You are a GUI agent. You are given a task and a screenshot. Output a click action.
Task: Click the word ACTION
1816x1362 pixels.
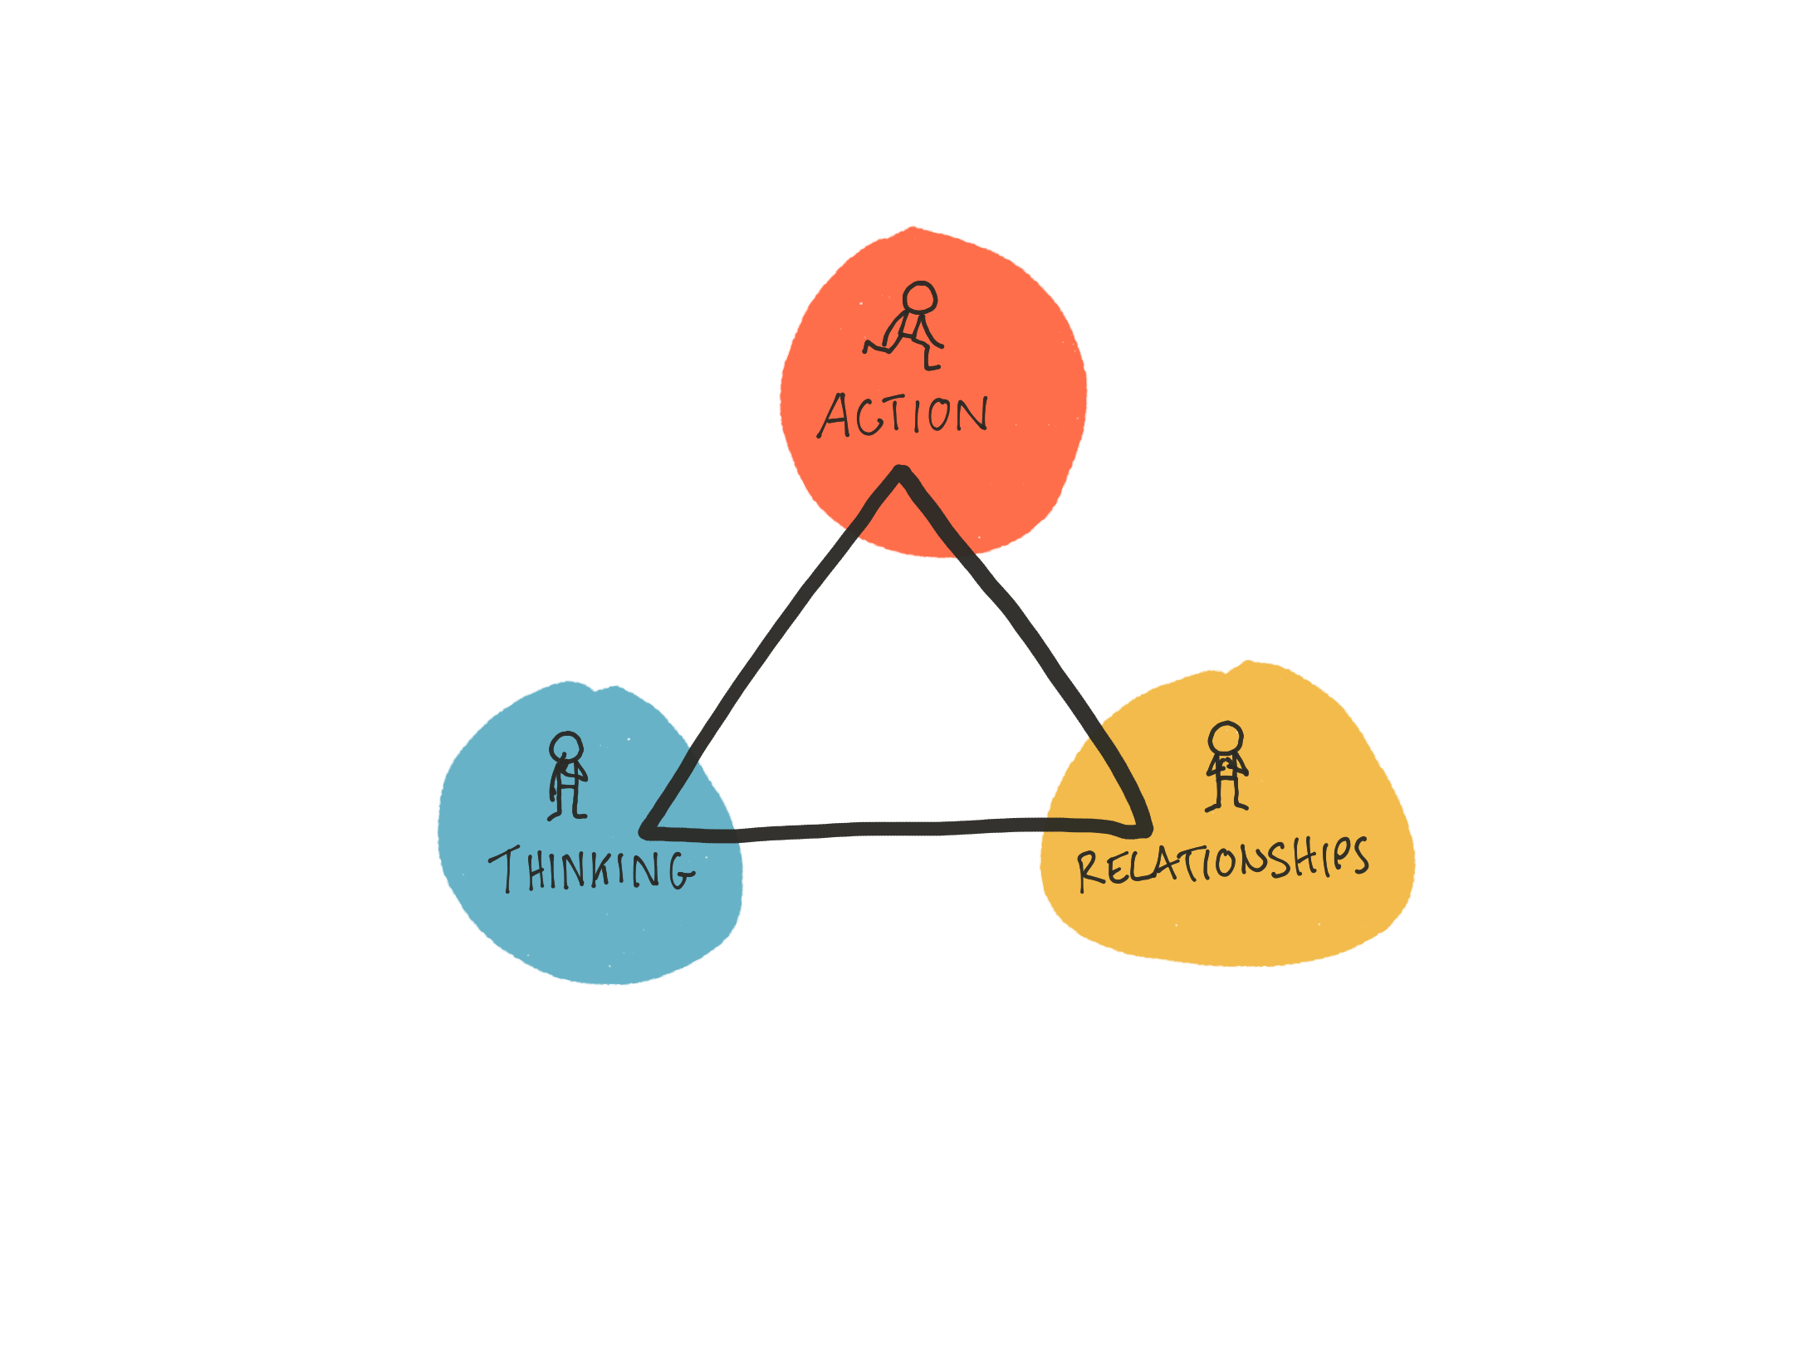pos(903,414)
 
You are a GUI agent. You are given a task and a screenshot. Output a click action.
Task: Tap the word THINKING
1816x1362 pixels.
pos(591,870)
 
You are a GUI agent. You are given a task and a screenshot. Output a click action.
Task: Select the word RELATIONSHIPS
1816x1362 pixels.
pos(1222,864)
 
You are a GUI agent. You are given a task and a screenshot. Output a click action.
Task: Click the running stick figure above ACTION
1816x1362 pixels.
pos(905,326)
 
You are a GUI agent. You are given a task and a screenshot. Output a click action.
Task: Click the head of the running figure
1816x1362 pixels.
pos(920,297)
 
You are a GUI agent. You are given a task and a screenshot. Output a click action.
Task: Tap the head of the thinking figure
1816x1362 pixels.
pos(566,747)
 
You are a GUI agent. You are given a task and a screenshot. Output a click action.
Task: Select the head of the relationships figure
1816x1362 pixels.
pos(1226,737)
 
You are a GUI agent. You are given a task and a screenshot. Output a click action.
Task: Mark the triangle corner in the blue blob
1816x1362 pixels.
pos(646,830)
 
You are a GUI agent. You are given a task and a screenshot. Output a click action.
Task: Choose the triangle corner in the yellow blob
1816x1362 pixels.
pos(1146,830)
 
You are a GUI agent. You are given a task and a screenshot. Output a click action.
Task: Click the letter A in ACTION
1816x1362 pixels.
pos(835,415)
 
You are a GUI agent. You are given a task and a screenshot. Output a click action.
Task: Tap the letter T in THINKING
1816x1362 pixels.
pos(504,870)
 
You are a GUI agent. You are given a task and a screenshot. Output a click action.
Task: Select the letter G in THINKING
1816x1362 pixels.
pos(681,870)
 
